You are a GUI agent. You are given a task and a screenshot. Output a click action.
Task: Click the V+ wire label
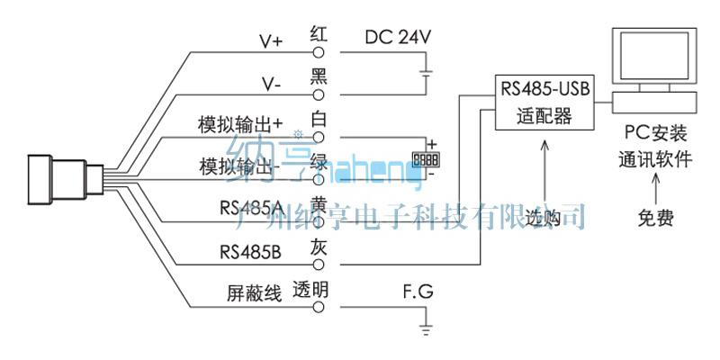click(272, 40)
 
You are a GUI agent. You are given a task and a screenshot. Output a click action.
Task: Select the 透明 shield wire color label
click(310, 291)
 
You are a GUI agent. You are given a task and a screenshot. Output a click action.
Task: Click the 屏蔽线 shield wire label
click(255, 294)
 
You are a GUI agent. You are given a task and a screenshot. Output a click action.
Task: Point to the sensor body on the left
click(57, 179)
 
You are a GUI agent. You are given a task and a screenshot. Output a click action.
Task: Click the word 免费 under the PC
click(653, 218)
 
